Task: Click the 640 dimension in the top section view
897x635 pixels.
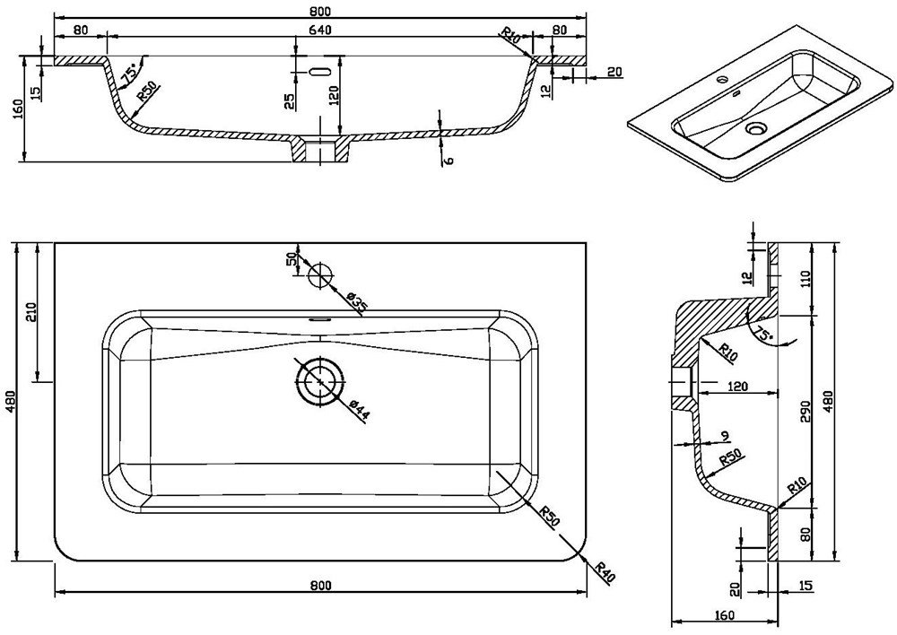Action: (320, 30)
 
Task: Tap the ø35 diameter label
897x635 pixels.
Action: (358, 302)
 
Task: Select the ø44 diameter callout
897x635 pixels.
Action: (360, 412)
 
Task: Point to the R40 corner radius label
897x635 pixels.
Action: (604, 572)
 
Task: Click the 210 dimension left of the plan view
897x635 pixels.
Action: (30, 312)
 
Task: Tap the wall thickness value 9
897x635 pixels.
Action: (726, 437)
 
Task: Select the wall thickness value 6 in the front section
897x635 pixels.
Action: (449, 161)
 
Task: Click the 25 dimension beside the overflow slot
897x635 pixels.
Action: (290, 101)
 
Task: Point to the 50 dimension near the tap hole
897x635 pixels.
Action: (295, 258)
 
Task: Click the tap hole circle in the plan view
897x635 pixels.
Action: (320, 274)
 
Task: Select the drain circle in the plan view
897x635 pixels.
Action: (320, 381)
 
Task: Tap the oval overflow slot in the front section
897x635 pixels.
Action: (320, 72)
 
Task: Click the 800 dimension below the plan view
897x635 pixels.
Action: (320, 586)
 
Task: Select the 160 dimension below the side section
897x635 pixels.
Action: (724, 615)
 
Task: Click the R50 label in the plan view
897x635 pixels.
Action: (549, 516)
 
